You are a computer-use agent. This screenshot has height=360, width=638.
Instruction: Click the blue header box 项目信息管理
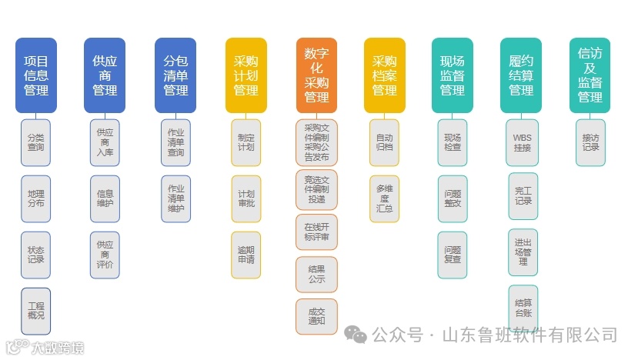[36, 75]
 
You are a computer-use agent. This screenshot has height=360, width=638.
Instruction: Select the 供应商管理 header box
[105, 75]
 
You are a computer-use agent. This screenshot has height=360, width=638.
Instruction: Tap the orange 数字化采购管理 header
[316, 75]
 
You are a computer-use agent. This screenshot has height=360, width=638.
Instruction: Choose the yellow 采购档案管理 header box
[384, 75]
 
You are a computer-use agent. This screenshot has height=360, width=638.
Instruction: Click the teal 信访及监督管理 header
[590, 75]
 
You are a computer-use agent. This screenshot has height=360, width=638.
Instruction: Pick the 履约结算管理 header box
[521, 75]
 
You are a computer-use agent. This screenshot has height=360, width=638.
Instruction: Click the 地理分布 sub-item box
[36, 198]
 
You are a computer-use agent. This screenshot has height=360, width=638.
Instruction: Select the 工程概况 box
[36, 311]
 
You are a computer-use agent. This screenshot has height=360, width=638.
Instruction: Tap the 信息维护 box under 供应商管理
[105, 198]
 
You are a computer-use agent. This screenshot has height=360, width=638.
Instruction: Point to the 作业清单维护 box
[175, 198]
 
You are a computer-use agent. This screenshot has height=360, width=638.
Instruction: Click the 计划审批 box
[246, 198]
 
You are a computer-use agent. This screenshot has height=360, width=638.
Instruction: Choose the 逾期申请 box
[246, 255]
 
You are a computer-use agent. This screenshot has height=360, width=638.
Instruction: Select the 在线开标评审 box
[316, 232]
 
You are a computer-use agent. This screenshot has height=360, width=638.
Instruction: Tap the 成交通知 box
[316, 316]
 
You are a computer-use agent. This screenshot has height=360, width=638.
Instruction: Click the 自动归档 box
[384, 142]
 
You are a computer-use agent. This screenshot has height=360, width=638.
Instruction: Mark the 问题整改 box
[453, 198]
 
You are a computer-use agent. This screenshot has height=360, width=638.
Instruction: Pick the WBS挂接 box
[522, 142]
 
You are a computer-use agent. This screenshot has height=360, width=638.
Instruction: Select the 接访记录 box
[590, 142]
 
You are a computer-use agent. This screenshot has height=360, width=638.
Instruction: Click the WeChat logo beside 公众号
[356, 335]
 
